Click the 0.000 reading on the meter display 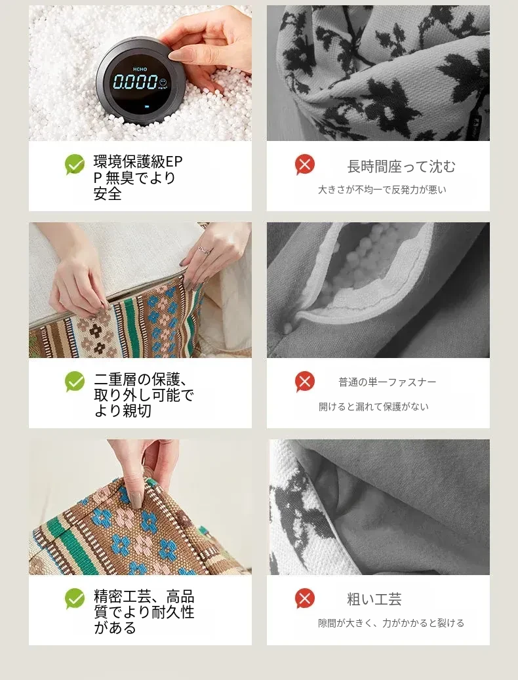[x=136, y=81]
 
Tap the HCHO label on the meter [x=140, y=69]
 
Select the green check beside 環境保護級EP [x=75, y=165]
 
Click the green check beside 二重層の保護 [x=75, y=382]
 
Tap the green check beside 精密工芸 [x=75, y=599]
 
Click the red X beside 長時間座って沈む [x=305, y=165]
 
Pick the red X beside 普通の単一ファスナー [x=305, y=382]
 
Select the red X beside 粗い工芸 [x=305, y=599]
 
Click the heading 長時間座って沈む [x=401, y=167]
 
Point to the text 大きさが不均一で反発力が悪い [x=382, y=190]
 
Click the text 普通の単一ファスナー [x=387, y=382]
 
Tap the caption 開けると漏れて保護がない [x=373, y=407]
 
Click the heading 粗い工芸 [x=374, y=599]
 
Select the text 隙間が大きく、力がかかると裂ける [x=391, y=623]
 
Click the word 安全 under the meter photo [x=108, y=193]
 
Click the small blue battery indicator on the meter [x=146, y=106]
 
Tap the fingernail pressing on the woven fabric [x=136, y=500]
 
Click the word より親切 [x=123, y=410]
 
